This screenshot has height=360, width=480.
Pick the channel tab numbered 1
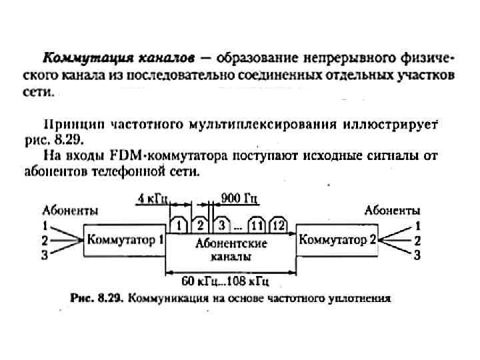[x=179, y=225]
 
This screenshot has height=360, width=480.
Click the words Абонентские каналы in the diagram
[x=231, y=249]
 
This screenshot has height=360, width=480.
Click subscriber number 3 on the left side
[x=45, y=255]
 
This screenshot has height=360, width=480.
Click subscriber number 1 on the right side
[x=417, y=225]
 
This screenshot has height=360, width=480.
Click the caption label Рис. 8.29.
[x=94, y=298]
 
